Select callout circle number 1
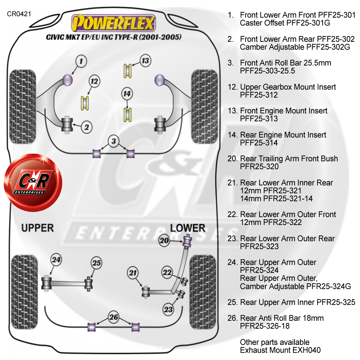click(81, 61)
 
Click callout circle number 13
click(145, 60)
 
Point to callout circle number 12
click(94, 82)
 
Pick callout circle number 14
click(127, 94)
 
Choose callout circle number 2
click(87, 127)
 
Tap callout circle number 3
click(113, 141)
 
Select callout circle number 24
click(56, 259)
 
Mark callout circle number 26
click(114, 318)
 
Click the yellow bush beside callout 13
click(127, 71)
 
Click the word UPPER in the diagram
click(37, 228)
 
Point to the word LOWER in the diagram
click(188, 228)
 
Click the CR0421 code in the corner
click(19, 14)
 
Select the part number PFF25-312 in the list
click(259, 95)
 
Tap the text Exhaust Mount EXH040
click(280, 350)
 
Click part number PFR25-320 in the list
click(259, 167)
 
